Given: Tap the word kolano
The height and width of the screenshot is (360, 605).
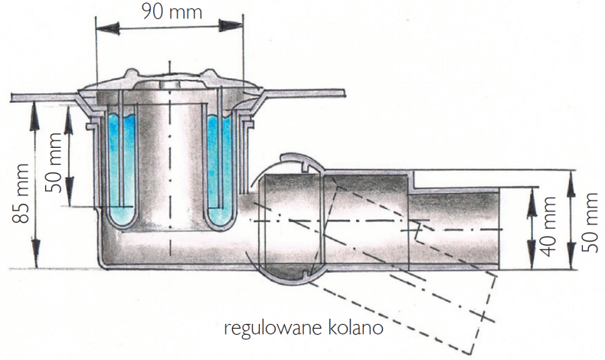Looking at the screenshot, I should (x=359, y=329).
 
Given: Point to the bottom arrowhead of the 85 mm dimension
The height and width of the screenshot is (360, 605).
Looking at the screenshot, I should (x=34, y=260).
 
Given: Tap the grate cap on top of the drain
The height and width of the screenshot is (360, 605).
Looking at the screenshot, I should (x=169, y=80).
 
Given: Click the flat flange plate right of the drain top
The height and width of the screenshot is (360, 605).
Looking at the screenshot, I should (x=306, y=93).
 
